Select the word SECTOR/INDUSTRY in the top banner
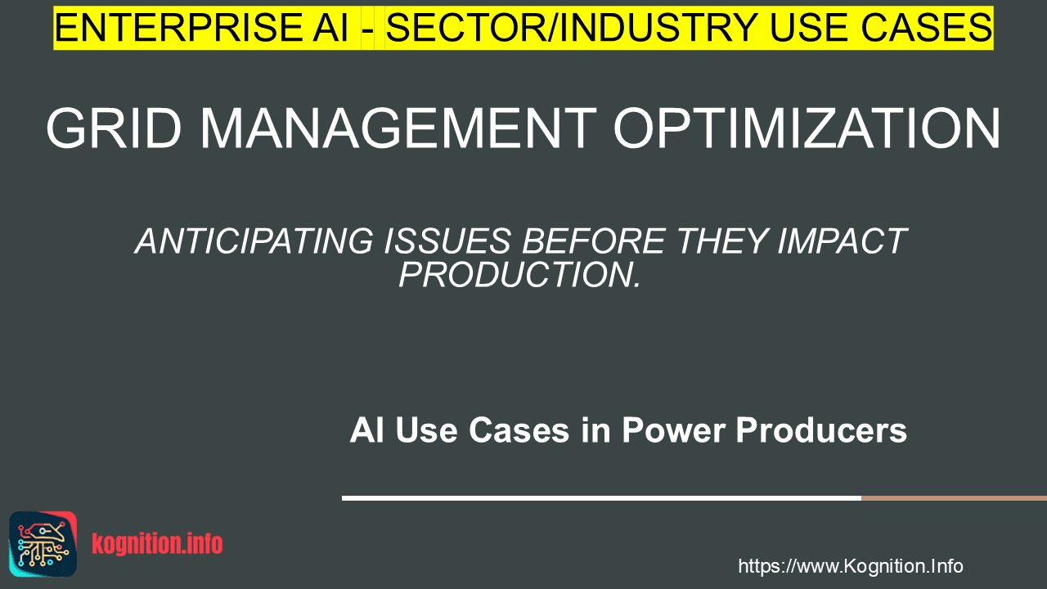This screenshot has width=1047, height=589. click(x=572, y=28)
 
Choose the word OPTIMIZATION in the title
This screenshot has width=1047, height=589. click(x=807, y=128)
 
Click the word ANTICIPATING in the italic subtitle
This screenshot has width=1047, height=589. click(x=254, y=241)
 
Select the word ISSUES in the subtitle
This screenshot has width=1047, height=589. click(x=447, y=241)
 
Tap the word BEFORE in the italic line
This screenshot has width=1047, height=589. click(x=594, y=241)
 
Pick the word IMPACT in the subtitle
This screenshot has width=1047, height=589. click(x=843, y=241)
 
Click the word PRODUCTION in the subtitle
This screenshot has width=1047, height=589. click(x=515, y=275)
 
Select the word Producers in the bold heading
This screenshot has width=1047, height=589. click(x=821, y=430)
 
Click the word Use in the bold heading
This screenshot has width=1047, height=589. click(x=426, y=430)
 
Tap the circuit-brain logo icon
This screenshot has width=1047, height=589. click(x=43, y=544)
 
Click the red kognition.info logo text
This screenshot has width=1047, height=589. click(x=157, y=544)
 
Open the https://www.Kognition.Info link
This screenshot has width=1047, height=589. click(x=850, y=566)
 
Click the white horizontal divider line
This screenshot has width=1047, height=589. click(x=601, y=498)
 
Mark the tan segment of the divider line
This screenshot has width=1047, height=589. click(x=954, y=498)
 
